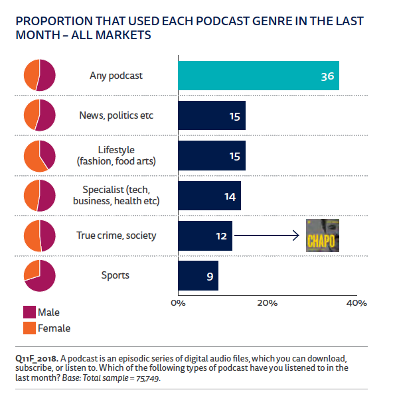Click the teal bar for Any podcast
(258, 76)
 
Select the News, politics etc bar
(212, 115)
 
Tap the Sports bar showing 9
(198, 275)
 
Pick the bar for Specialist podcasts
(209, 196)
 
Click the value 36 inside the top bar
(327, 76)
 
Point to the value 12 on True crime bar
(221, 235)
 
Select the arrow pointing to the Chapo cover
(266, 235)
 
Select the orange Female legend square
(29, 328)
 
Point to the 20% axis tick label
(267, 303)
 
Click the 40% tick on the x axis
(356, 303)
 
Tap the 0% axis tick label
(178, 303)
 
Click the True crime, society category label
(116, 235)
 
